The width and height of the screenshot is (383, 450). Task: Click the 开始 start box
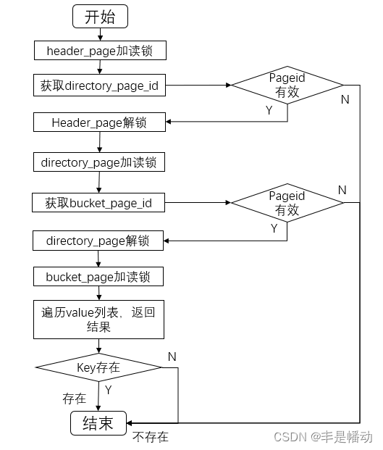click(x=99, y=16)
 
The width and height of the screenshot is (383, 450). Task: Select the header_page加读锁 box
click(x=99, y=50)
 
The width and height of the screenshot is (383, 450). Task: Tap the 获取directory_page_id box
click(x=99, y=86)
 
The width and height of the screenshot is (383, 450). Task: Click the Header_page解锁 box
click(x=99, y=122)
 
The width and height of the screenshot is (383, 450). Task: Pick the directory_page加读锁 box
click(x=99, y=162)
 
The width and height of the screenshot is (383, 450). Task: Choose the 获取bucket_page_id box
click(x=99, y=202)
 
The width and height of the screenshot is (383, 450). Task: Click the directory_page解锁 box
click(x=99, y=240)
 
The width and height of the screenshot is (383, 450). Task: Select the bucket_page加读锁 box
click(x=99, y=276)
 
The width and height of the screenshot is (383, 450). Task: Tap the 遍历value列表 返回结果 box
click(x=99, y=320)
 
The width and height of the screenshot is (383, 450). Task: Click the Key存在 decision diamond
click(x=99, y=367)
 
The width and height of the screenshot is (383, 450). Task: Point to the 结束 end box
click(x=99, y=423)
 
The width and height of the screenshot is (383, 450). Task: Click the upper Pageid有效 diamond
click(x=287, y=85)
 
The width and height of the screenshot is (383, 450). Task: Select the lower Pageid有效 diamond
click(x=287, y=203)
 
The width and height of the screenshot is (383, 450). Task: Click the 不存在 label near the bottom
click(x=151, y=437)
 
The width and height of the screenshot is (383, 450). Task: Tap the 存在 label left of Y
click(x=74, y=398)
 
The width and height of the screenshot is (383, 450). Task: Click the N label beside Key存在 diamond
click(x=172, y=357)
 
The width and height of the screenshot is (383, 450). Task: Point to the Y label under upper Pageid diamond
click(x=270, y=112)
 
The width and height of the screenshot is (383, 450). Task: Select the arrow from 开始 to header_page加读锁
click(x=99, y=33)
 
